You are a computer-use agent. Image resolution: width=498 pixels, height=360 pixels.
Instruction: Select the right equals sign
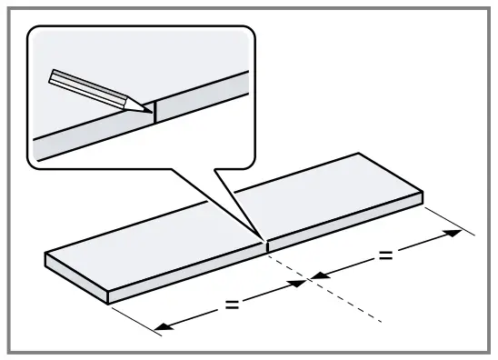pyautogui.click(x=385, y=255)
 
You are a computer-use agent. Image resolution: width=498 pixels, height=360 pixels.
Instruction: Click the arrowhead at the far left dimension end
pyautogui.click(x=162, y=326)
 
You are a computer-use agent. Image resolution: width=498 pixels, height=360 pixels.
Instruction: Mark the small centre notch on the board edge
pyautogui.click(x=265, y=245)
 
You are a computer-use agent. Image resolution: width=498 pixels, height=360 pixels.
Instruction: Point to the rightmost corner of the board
pyautogui.click(x=423, y=194)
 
